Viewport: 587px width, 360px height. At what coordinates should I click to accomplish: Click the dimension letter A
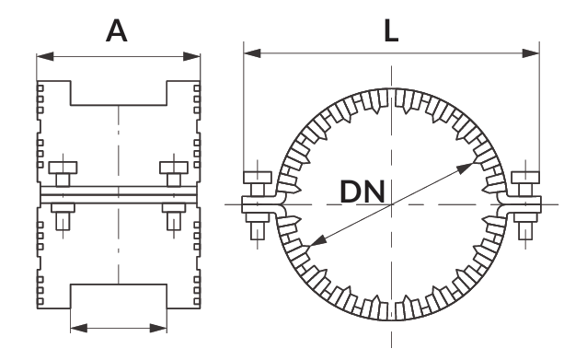click(x=117, y=30)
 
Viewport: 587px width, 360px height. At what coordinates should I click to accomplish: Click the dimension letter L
click(x=391, y=30)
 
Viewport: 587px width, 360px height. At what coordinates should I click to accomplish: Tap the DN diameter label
click(x=363, y=192)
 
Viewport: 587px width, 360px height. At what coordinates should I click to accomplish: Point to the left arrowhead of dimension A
click(x=45, y=56)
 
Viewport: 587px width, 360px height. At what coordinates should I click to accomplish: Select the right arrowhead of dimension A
click(x=191, y=56)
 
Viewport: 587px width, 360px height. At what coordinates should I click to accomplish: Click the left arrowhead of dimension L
click(x=252, y=53)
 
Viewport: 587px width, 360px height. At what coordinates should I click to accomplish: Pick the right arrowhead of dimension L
click(x=531, y=53)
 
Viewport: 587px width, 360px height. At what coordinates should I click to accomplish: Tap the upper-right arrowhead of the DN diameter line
click(x=466, y=168)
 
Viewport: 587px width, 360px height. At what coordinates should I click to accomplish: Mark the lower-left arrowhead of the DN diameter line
click(x=317, y=241)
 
